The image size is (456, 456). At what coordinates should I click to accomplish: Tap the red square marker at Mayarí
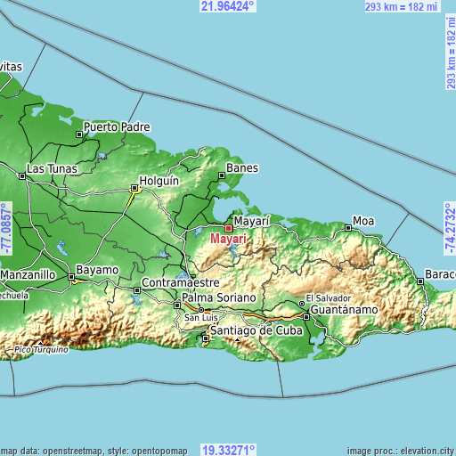coord(228,228)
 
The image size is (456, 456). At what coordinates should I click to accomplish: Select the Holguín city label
coord(160,180)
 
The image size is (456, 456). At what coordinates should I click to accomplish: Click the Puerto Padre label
coord(117,126)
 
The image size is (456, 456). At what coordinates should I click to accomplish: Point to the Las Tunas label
coord(52,168)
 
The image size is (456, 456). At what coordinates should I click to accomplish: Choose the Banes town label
coord(242,167)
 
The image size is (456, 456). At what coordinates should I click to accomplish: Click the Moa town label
coord(363,220)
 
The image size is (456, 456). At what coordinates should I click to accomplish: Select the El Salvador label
coord(328,297)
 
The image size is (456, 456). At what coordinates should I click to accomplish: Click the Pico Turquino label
coord(40,350)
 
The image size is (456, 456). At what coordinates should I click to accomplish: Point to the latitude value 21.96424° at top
coord(227,6)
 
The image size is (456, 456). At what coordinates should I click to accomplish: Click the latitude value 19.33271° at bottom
coord(227,450)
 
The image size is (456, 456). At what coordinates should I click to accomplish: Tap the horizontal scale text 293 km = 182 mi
coord(403,6)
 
